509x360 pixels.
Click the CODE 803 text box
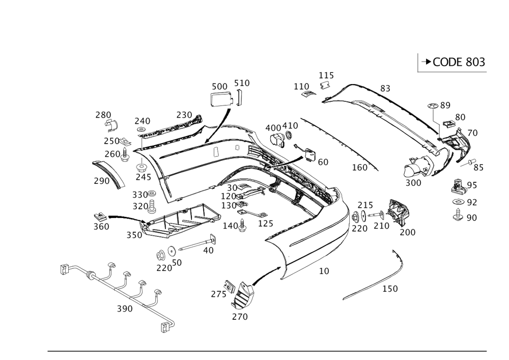(x=452, y=62)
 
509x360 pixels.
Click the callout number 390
(x=125, y=308)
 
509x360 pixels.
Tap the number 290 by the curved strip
(x=101, y=181)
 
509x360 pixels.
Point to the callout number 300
(x=413, y=182)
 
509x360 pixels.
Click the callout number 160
(x=359, y=167)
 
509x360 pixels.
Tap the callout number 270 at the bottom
(x=239, y=316)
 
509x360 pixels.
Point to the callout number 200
(x=408, y=232)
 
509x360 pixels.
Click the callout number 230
(x=184, y=114)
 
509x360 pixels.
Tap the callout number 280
(x=102, y=115)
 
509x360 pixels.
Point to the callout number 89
(x=445, y=105)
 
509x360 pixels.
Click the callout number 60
(x=323, y=161)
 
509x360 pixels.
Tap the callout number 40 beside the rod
(x=208, y=250)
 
